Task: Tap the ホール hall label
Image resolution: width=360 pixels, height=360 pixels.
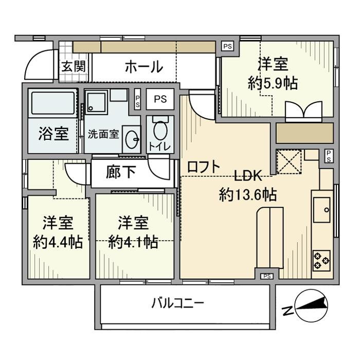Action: [143, 67]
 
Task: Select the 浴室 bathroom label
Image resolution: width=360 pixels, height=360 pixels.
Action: [53, 134]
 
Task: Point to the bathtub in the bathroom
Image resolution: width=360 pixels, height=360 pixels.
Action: [53, 103]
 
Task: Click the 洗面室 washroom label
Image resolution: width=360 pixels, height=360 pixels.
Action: [103, 134]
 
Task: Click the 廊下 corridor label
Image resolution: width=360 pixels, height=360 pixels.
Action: [121, 172]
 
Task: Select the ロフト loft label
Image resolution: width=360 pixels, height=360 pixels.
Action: [203, 167]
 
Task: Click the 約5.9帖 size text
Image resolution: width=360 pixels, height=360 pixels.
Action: [273, 83]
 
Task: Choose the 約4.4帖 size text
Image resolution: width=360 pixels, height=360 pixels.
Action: [57, 242]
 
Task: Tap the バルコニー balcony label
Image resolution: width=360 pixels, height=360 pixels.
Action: [177, 302]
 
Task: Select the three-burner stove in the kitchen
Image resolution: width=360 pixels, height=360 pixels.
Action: [321, 259]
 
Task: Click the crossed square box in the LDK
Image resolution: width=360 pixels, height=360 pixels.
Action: [289, 161]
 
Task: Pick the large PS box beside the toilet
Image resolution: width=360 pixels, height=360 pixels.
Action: [160, 99]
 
